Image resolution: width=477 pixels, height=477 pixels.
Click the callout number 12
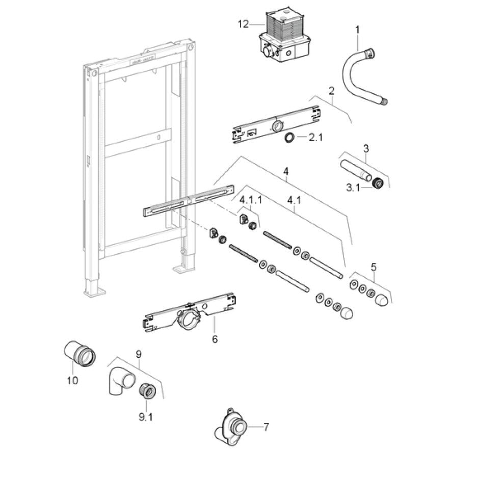pos(244,23)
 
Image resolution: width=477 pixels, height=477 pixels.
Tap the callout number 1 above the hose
pos(357,30)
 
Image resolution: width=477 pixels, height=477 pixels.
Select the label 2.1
pos(316,137)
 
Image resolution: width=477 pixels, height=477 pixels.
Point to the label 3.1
pos(353,188)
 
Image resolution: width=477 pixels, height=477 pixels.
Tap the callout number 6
pos(215,339)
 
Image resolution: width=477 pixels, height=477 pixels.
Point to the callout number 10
pos(72,380)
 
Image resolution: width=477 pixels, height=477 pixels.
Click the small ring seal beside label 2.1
pos(289,137)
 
